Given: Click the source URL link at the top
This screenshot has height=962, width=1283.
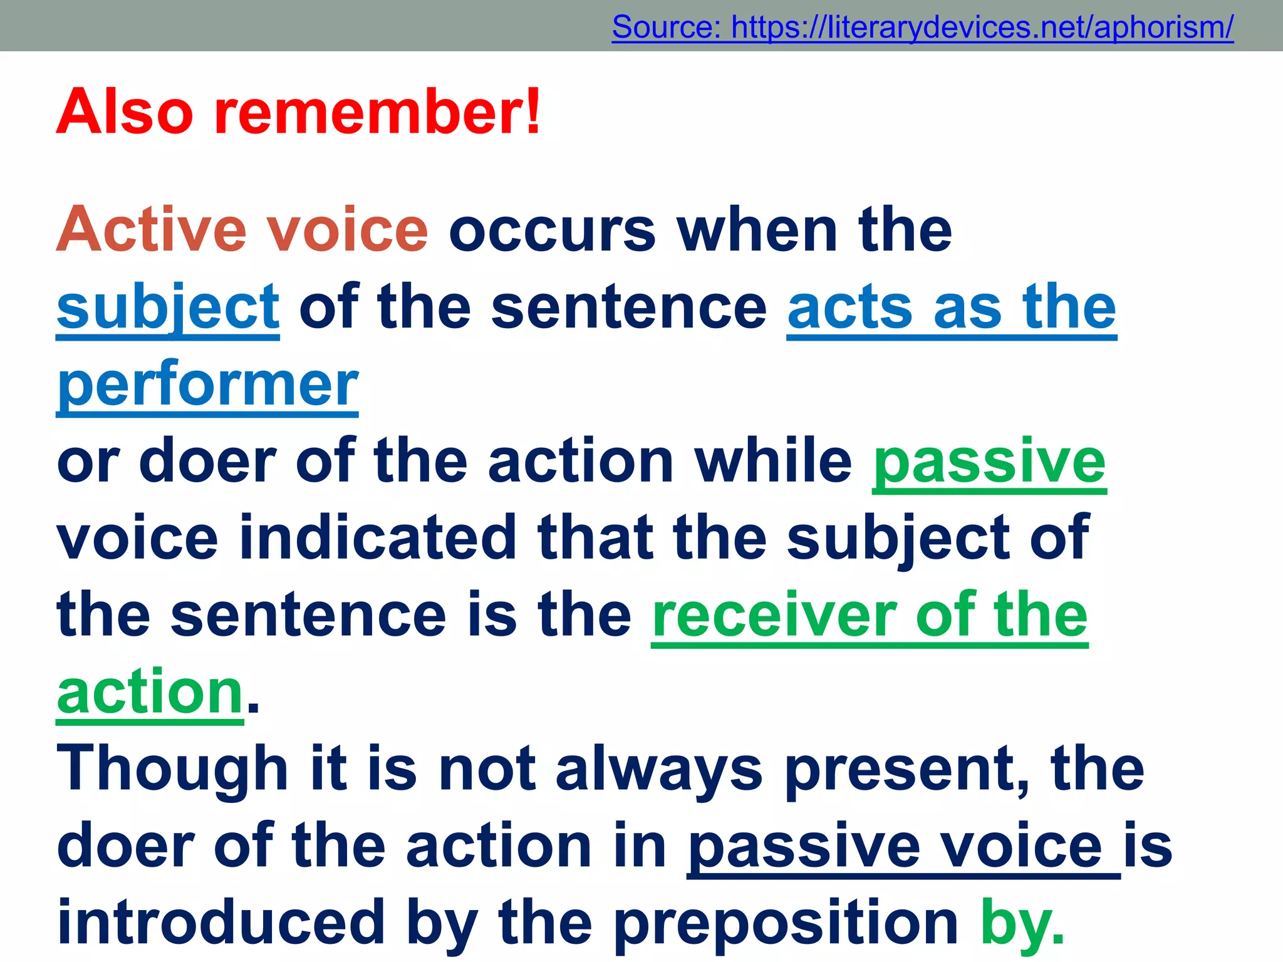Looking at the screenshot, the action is click(x=922, y=27).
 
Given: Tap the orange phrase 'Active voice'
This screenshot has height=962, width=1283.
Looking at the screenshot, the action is click(x=242, y=230).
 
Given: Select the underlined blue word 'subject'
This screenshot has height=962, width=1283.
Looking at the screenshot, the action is click(x=168, y=308).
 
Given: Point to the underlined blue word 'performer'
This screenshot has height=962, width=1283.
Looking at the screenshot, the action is click(x=207, y=385).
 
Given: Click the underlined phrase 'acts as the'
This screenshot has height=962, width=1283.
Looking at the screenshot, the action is click(x=952, y=308).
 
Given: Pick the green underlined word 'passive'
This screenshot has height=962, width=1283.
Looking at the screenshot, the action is click(x=989, y=462).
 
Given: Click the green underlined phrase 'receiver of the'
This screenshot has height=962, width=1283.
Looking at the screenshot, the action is click(x=870, y=616).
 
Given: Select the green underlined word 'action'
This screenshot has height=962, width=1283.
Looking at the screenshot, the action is click(x=150, y=693).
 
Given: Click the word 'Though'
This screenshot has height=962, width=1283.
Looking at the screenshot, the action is click(x=172, y=769).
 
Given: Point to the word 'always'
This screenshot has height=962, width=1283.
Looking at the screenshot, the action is click(x=658, y=769).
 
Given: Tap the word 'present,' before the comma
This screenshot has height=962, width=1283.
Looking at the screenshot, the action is click(x=902, y=769).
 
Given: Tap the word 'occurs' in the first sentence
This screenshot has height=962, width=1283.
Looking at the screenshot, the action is click(x=552, y=230).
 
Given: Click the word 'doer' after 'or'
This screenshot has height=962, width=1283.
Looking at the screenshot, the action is click(x=207, y=462).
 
